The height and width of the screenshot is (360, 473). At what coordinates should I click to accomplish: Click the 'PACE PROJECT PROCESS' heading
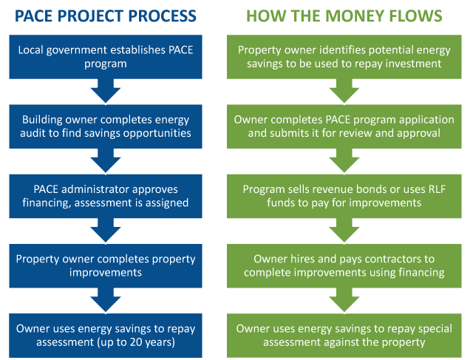pos(106,16)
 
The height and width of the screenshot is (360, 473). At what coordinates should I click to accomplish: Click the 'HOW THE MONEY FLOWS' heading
pos(344,16)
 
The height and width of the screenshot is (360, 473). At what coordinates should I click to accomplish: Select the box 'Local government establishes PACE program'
pos(106,57)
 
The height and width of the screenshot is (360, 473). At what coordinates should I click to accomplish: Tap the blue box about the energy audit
pos(106,126)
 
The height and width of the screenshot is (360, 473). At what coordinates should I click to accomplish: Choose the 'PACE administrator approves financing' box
pos(106,196)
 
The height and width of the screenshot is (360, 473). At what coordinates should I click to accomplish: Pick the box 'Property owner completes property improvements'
pos(106,266)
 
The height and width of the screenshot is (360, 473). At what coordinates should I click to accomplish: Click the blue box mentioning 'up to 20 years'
pos(106,336)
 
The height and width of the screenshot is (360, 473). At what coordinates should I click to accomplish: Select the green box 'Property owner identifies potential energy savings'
pos(344,57)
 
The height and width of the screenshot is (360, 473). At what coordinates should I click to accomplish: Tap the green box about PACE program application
pos(344,126)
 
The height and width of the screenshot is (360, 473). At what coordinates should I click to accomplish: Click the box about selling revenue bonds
pos(344,196)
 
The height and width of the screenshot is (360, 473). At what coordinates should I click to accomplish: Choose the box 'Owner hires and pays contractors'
pos(344,266)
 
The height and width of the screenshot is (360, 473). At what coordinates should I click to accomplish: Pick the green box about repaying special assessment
pos(344,336)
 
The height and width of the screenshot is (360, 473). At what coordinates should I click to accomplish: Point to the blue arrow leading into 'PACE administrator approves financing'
pos(106,161)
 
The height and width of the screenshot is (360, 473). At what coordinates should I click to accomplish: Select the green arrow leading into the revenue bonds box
pos(344,161)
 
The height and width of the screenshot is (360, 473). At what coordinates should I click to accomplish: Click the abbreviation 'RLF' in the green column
pos(437,189)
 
